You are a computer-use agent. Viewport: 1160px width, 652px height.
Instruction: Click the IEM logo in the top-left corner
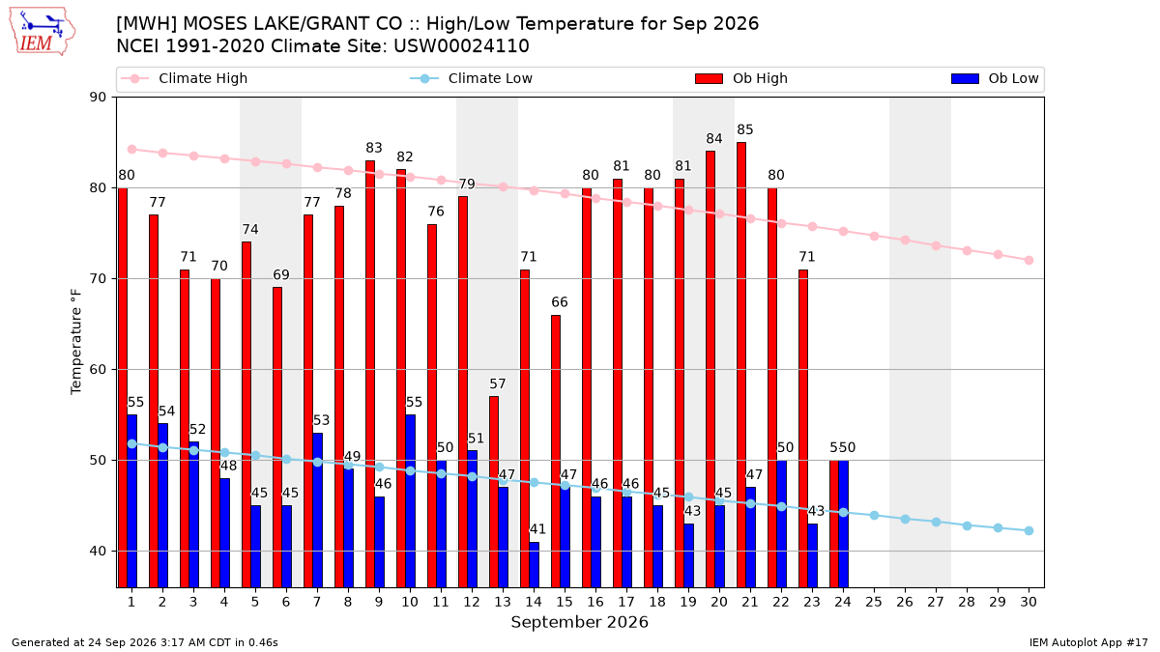click(43, 31)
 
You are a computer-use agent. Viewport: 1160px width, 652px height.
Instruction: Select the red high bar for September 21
click(741, 365)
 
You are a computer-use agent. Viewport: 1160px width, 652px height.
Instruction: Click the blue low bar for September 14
click(534, 564)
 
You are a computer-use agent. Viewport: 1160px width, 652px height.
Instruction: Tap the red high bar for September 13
click(494, 492)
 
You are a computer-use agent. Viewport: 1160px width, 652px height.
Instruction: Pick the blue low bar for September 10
click(410, 501)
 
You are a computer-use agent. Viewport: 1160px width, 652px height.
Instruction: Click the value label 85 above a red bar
click(745, 129)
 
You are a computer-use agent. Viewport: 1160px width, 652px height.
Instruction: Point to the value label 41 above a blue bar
click(537, 529)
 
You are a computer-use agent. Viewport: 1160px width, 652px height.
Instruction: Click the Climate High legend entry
click(185, 78)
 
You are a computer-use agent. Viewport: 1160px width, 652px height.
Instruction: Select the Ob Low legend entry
click(995, 78)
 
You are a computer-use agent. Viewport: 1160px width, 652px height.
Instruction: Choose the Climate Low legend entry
click(472, 78)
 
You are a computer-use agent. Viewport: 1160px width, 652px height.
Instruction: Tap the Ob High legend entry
click(741, 78)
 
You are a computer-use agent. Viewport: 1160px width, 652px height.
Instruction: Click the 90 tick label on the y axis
click(98, 98)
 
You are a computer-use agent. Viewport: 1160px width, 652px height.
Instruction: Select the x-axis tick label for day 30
click(1029, 602)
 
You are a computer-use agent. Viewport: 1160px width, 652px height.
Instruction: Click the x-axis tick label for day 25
click(874, 602)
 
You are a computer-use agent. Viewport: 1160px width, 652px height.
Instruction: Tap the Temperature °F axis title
click(76, 342)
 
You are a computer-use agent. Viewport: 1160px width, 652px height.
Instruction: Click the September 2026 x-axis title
click(579, 622)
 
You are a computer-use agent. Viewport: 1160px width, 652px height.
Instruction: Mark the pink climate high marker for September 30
click(1029, 260)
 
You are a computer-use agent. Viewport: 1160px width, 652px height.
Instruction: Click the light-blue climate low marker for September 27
click(936, 523)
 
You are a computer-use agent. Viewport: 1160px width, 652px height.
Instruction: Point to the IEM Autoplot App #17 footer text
click(1088, 642)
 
